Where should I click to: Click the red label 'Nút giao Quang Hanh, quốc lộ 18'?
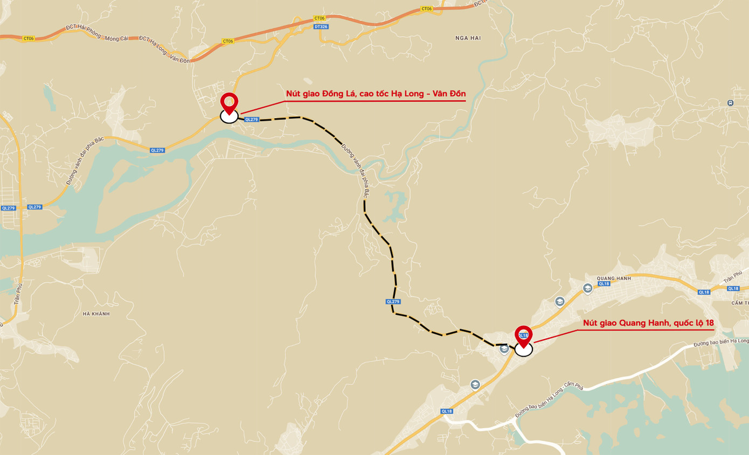tap(648, 323)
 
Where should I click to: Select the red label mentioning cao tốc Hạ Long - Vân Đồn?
tap(376, 94)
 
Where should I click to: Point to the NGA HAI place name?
tap(468, 38)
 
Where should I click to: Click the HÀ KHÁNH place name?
tap(96, 314)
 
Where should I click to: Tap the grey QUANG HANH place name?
tap(614, 278)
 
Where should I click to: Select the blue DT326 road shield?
tap(321, 26)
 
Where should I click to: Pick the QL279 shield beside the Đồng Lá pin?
tap(252, 120)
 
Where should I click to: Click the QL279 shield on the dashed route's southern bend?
tap(393, 302)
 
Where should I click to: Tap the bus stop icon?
tap(730, 103)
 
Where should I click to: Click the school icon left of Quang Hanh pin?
tap(504, 349)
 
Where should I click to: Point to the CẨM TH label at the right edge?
tap(740, 303)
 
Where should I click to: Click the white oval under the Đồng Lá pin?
tap(229, 117)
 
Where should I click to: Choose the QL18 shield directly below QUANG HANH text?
tap(604, 284)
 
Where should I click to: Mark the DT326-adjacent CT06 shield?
tap(319, 18)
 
